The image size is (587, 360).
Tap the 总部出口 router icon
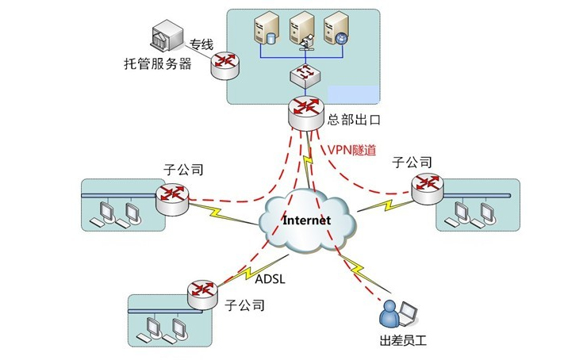point(306,111)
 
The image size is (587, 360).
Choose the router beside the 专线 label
point(226,64)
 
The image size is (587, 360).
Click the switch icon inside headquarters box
point(305,75)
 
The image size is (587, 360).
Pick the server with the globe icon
point(336,32)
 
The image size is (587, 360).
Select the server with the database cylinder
point(265,32)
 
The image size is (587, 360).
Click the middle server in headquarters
point(301,32)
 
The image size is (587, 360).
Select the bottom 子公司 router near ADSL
point(203,293)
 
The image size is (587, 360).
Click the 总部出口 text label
point(355,121)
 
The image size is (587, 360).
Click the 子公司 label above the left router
point(183,170)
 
